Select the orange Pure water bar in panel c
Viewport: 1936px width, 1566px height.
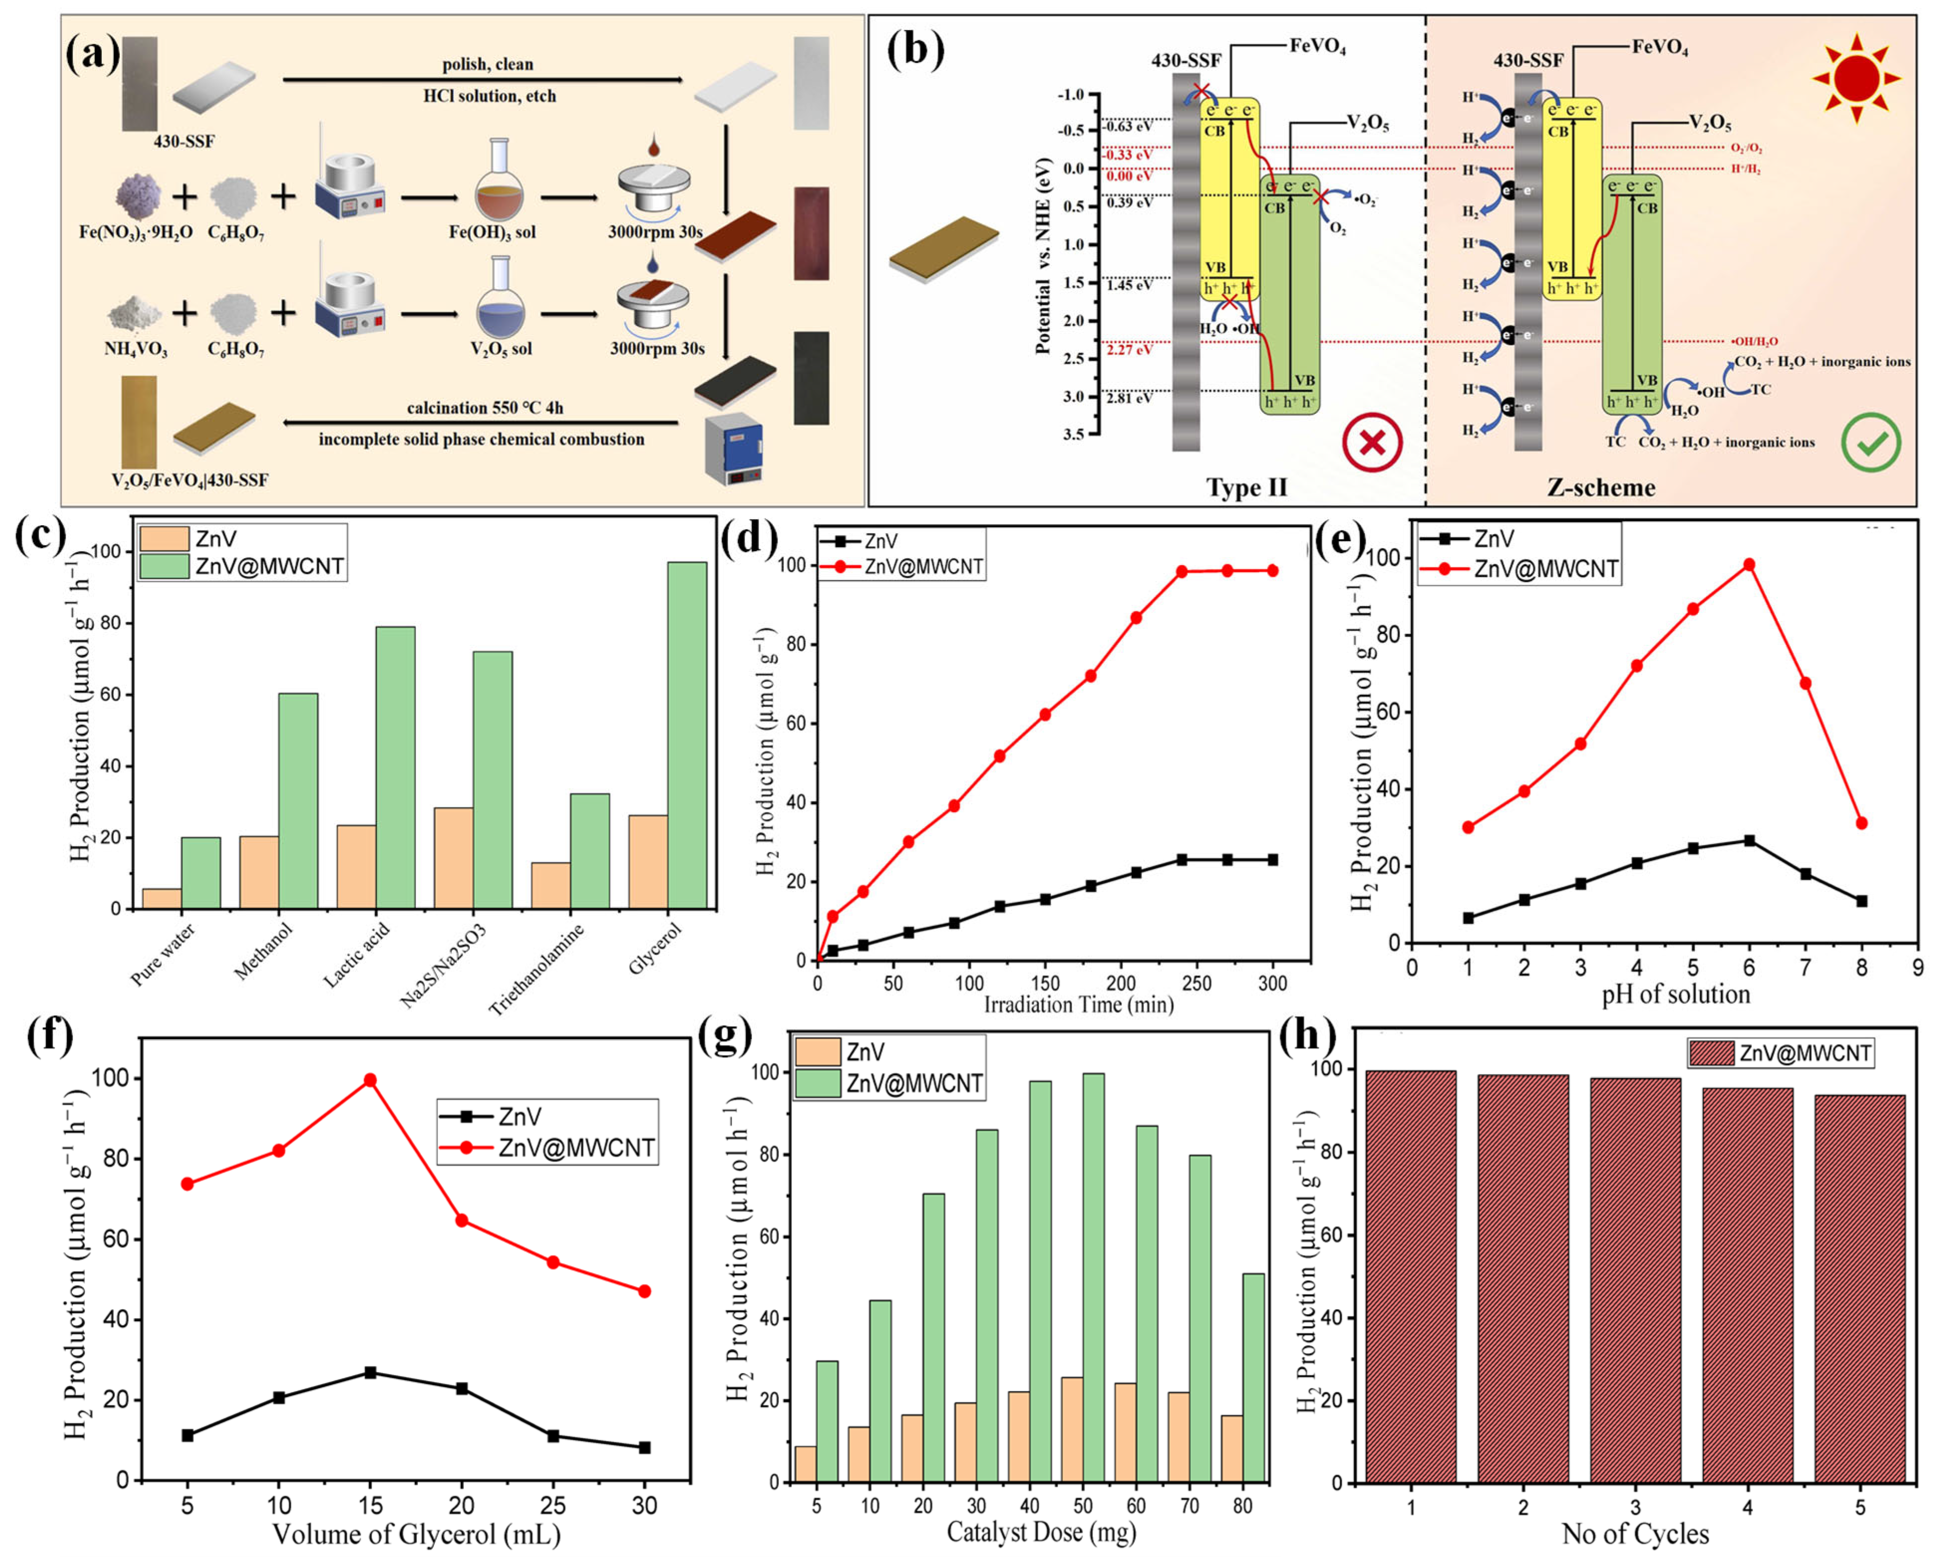161,899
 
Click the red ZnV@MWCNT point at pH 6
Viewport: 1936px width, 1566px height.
1749,565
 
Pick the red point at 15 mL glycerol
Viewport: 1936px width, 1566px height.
370,1080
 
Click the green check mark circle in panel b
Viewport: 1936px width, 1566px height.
1871,442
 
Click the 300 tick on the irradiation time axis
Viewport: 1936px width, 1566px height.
1272,983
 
